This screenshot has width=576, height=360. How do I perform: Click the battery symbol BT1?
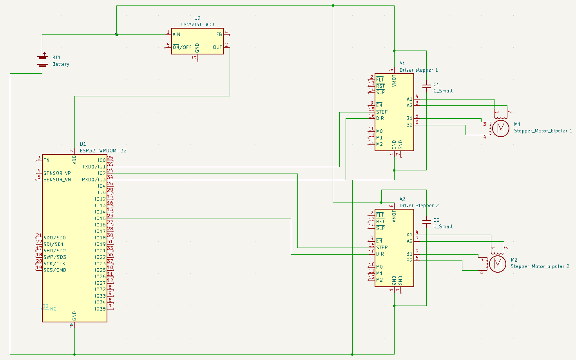tap(42, 60)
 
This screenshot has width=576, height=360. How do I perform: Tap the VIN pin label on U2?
tap(176, 34)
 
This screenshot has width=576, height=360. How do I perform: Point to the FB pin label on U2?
tap(219, 34)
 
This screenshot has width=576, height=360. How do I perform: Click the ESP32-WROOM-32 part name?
tap(103, 151)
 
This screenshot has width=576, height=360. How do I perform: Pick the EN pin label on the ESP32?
tap(47, 160)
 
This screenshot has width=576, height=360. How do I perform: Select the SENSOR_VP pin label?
tap(57, 173)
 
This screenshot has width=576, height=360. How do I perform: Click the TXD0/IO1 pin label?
tap(94, 167)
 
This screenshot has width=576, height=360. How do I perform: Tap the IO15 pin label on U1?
tap(100, 219)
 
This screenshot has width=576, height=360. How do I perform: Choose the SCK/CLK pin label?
tap(54, 264)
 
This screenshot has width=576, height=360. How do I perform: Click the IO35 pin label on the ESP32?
tap(100, 309)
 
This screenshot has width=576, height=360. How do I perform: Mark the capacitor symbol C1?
tap(426, 85)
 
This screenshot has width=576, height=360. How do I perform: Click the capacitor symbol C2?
tap(426, 221)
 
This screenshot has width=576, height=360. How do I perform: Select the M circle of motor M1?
tap(500, 128)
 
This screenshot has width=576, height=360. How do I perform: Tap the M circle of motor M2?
tap(498, 264)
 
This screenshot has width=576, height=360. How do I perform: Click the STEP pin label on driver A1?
tap(382, 112)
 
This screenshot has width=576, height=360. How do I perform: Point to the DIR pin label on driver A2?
tap(380, 254)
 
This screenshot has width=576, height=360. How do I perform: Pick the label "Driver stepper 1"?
tap(418, 70)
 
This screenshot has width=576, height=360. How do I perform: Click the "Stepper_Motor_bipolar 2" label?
tap(540, 266)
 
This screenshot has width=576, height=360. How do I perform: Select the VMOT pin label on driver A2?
tap(394, 216)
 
